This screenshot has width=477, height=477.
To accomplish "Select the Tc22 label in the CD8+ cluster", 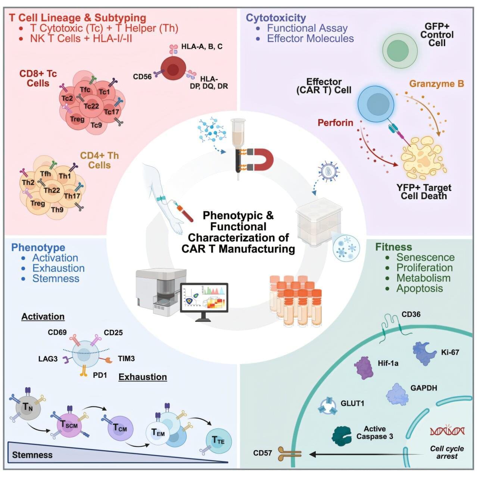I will coord(91,106).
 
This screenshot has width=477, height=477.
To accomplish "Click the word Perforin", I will coord(335,122).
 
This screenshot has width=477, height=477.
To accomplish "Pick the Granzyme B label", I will coord(436,84).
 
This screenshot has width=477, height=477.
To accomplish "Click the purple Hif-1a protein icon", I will coord(364,368).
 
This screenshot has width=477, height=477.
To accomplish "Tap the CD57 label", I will coord(262,454).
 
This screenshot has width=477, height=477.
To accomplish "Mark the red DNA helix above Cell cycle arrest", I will coord(447,431).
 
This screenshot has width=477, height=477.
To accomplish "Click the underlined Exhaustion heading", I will coord(143,377).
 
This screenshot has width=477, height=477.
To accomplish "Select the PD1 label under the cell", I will coord(100,375).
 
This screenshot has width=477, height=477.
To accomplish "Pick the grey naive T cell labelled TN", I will coord(27,407).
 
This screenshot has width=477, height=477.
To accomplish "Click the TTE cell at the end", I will coord(218,441).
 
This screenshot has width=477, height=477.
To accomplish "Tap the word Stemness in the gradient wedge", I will coord(32,455).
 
